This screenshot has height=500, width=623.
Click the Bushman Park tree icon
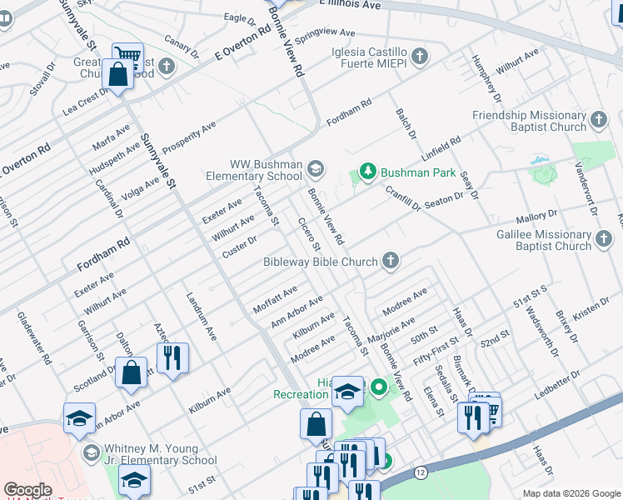367,172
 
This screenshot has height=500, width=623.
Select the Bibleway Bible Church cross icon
390,262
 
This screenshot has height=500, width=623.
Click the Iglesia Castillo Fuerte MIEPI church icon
419,57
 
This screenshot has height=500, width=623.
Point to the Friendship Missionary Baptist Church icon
598,122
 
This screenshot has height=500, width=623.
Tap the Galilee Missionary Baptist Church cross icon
603,241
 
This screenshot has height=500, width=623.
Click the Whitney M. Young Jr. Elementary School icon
90,453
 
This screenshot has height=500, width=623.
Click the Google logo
27,490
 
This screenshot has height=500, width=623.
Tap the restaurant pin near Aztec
172,358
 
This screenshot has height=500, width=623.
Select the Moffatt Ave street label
275,298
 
